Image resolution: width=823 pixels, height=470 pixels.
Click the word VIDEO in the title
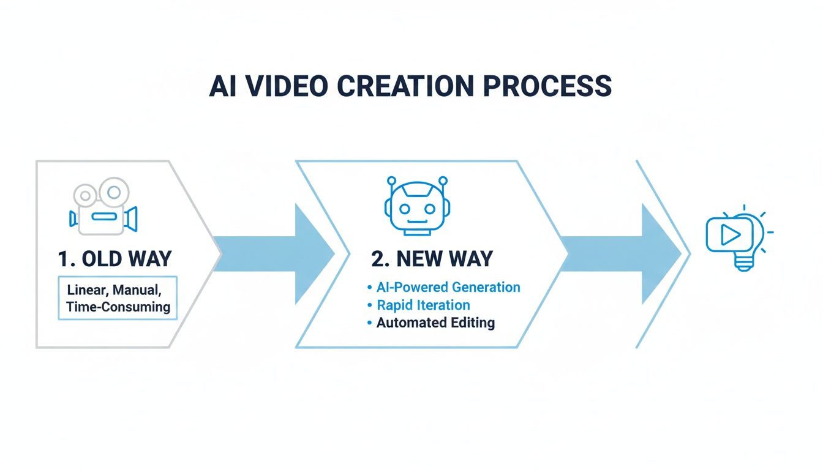tap(286, 86)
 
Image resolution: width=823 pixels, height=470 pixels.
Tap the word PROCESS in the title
tap(547, 86)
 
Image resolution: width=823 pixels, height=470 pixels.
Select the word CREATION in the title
tap(405, 86)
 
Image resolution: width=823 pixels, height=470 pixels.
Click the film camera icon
tap(103, 206)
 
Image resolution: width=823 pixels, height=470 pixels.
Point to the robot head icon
tap(418, 206)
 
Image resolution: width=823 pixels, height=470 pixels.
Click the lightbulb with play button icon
tap(740, 237)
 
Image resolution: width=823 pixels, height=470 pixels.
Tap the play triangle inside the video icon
tap(731, 234)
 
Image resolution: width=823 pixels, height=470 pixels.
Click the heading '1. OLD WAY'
tap(115, 259)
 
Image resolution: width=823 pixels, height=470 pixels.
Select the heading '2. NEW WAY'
tap(432, 259)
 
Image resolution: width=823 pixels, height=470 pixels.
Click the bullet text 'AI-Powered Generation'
tap(448, 287)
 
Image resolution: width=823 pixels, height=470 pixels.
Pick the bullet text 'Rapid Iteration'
tap(423, 305)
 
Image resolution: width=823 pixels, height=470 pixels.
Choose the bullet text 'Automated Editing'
tap(436, 323)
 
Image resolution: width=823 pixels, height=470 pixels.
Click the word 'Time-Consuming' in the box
tap(118, 307)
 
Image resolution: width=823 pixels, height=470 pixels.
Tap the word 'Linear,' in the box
tap(88, 290)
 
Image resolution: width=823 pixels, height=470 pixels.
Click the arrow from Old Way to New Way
tap(274, 254)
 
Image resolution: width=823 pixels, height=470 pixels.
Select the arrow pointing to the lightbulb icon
tap(621, 254)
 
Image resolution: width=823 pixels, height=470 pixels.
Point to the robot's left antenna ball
tap(392, 181)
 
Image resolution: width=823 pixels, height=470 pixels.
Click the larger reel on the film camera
tap(114, 192)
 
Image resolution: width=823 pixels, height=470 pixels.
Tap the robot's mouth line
tap(418, 222)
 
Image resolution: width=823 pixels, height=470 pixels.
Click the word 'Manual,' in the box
tap(137, 290)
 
